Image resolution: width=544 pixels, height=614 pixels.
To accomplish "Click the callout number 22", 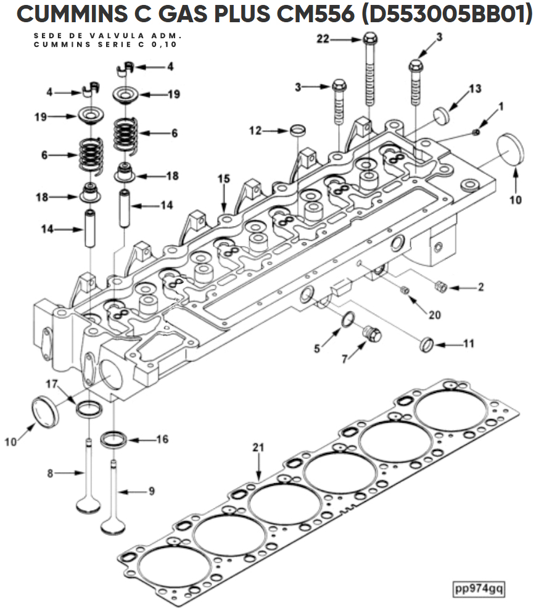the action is pyautogui.click(x=323, y=39).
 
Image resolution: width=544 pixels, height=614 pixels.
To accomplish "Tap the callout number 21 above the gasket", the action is pyautogui.click(x=258, y=447).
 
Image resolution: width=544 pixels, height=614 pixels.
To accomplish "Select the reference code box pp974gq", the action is pyautogui.click(x=478, y=589).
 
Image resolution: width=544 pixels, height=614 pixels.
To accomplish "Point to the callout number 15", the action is pyautogui.click(x=224, y=179).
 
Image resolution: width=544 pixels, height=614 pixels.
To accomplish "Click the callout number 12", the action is pyautogui.click(x=255, y=130).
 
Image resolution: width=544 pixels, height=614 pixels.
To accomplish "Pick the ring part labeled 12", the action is pyautogui.click(x=298, y=130).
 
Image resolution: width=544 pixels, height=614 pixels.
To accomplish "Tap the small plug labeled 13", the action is pyautogui.click(x=441, y=116).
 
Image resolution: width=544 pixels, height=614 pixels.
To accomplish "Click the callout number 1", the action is pyautogui.click(x=500, y=107).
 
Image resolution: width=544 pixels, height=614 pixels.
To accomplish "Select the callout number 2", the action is pyautogui.click(x=480, y=287).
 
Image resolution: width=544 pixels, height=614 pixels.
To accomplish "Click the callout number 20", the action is pyautogui.click(x=435, y=315).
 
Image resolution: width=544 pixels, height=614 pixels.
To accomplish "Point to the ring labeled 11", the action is pyautogui.click(x=427, y=344).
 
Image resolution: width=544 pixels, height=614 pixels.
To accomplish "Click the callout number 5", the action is pyautogui.click(x=317, y=348).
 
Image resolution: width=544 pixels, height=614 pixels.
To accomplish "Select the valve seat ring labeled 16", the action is pyautogui.click(x=114, y=440).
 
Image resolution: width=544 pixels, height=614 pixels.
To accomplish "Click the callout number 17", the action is pyautogui.click(x=52, y=384).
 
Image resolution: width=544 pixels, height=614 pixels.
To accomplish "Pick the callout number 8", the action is pyautogui.click(x=50, y=473).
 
